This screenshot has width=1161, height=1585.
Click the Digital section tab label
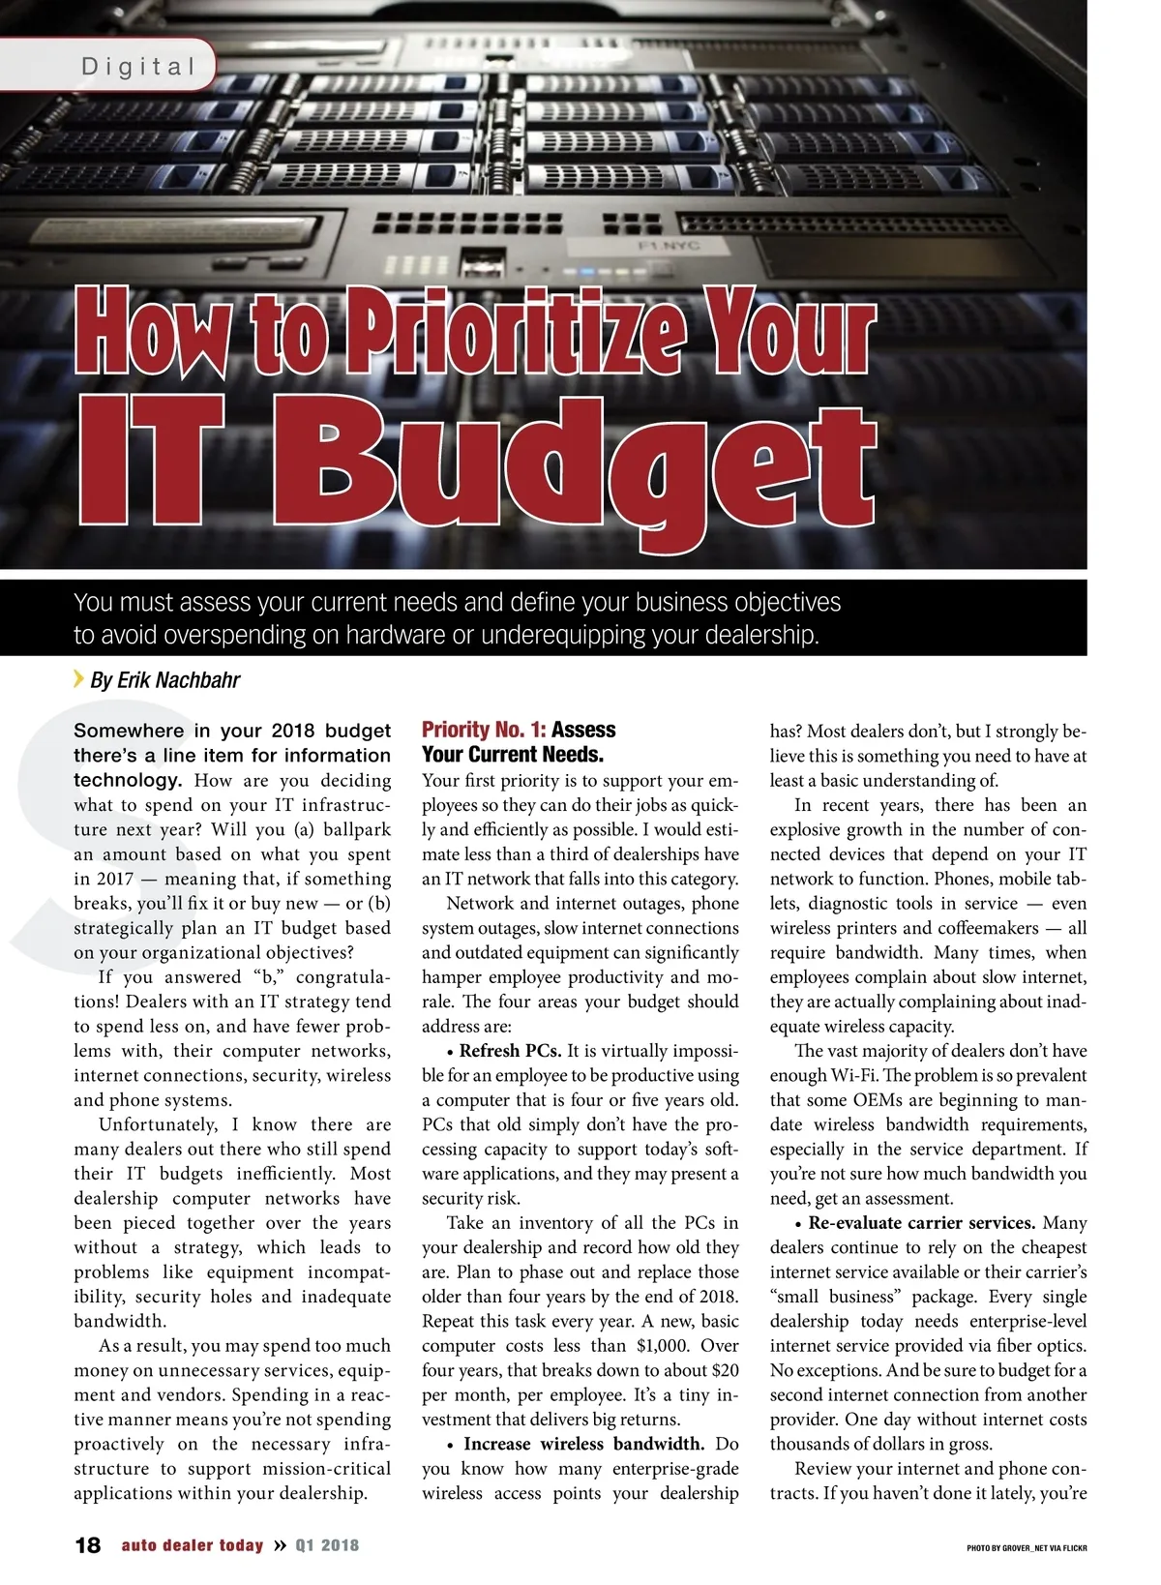[139, 67]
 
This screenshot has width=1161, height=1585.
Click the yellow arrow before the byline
[78, 678]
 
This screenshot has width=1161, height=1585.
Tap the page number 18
[87, 1545]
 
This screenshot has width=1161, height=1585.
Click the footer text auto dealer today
[192, 1545]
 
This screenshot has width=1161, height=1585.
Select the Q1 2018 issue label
[327, 1545]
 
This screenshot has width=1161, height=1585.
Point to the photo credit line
[1027, 1548]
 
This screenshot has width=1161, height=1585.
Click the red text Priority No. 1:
[484, 730]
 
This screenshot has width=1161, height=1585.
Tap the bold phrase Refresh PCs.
[510, 1051]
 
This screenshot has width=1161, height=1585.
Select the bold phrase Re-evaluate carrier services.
[922, 1223]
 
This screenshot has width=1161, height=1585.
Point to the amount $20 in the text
[725, 1370]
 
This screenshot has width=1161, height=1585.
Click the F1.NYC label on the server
[669, 246]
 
